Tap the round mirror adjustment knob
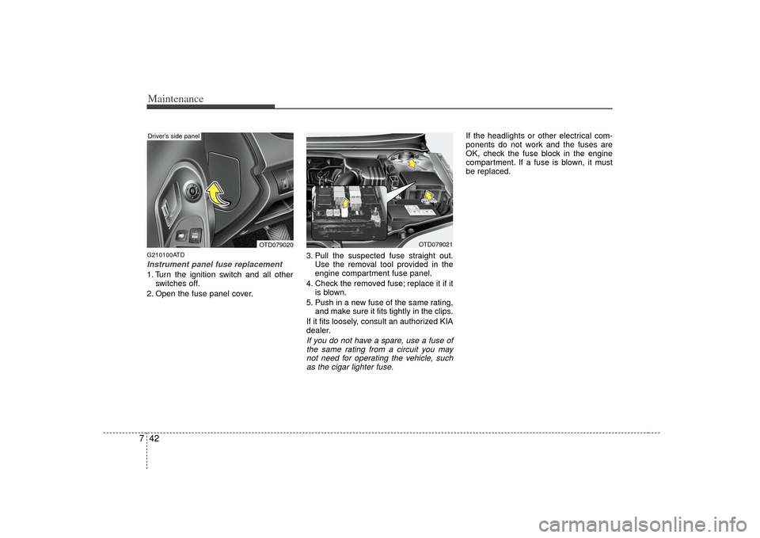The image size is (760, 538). [192, 191]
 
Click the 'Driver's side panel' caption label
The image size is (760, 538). [173, 136]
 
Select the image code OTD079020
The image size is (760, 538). [275, 245]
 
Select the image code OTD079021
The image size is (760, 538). [435, 245]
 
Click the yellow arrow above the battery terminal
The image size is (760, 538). [428, 195]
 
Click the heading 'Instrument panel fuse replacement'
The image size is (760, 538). [215, 265]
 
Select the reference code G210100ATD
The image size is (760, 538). [165, 254]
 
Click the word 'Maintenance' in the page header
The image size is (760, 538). [176, 99]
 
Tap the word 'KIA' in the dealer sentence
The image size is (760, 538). [446, 321]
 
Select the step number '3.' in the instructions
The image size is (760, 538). [310, 256]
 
